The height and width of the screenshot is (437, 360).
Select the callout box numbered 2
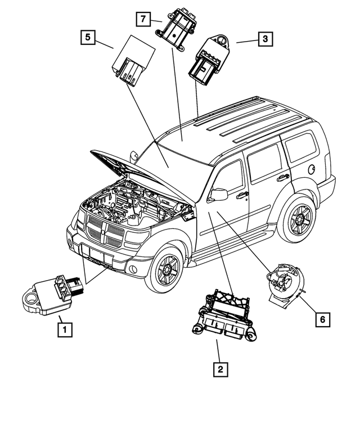tap(219, 370)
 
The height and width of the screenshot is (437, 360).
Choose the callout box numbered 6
tap(322, 319)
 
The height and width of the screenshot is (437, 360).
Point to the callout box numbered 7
tap(143, 19)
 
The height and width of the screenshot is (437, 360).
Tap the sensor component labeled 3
tap(206, 58)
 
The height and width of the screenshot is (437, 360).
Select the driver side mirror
tap(218, 195)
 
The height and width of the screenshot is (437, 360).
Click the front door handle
tap(243, 195)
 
